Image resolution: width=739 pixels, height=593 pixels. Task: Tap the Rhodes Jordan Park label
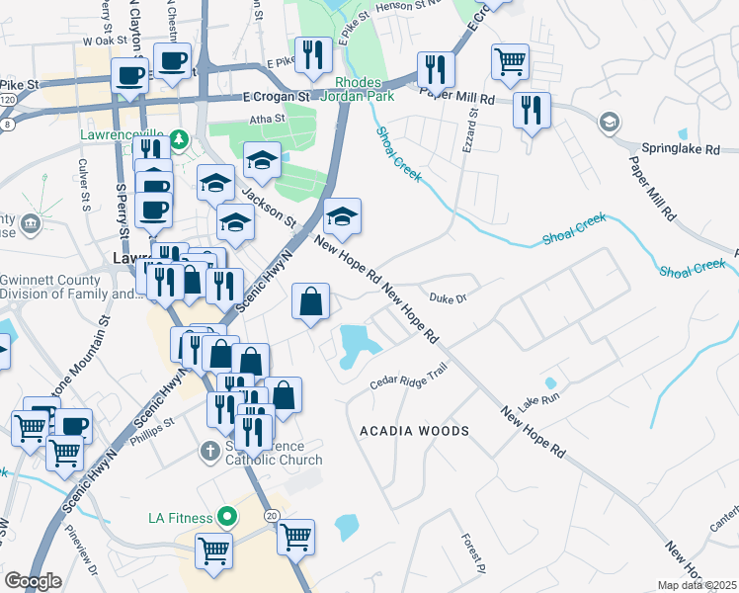coord(364,88)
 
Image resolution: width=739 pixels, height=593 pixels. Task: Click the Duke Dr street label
coord(448,296)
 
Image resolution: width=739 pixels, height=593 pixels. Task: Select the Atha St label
coord(266,119)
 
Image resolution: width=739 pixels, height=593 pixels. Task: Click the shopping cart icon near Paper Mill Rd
coord(510,62)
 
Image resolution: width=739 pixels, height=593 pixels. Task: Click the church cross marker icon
coord(208,452)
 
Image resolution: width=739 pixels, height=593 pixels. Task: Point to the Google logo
coord(33,581)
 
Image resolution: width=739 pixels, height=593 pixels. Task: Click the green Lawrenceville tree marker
coord(179,138)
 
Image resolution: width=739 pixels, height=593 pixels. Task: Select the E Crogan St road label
coord(277,97)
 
